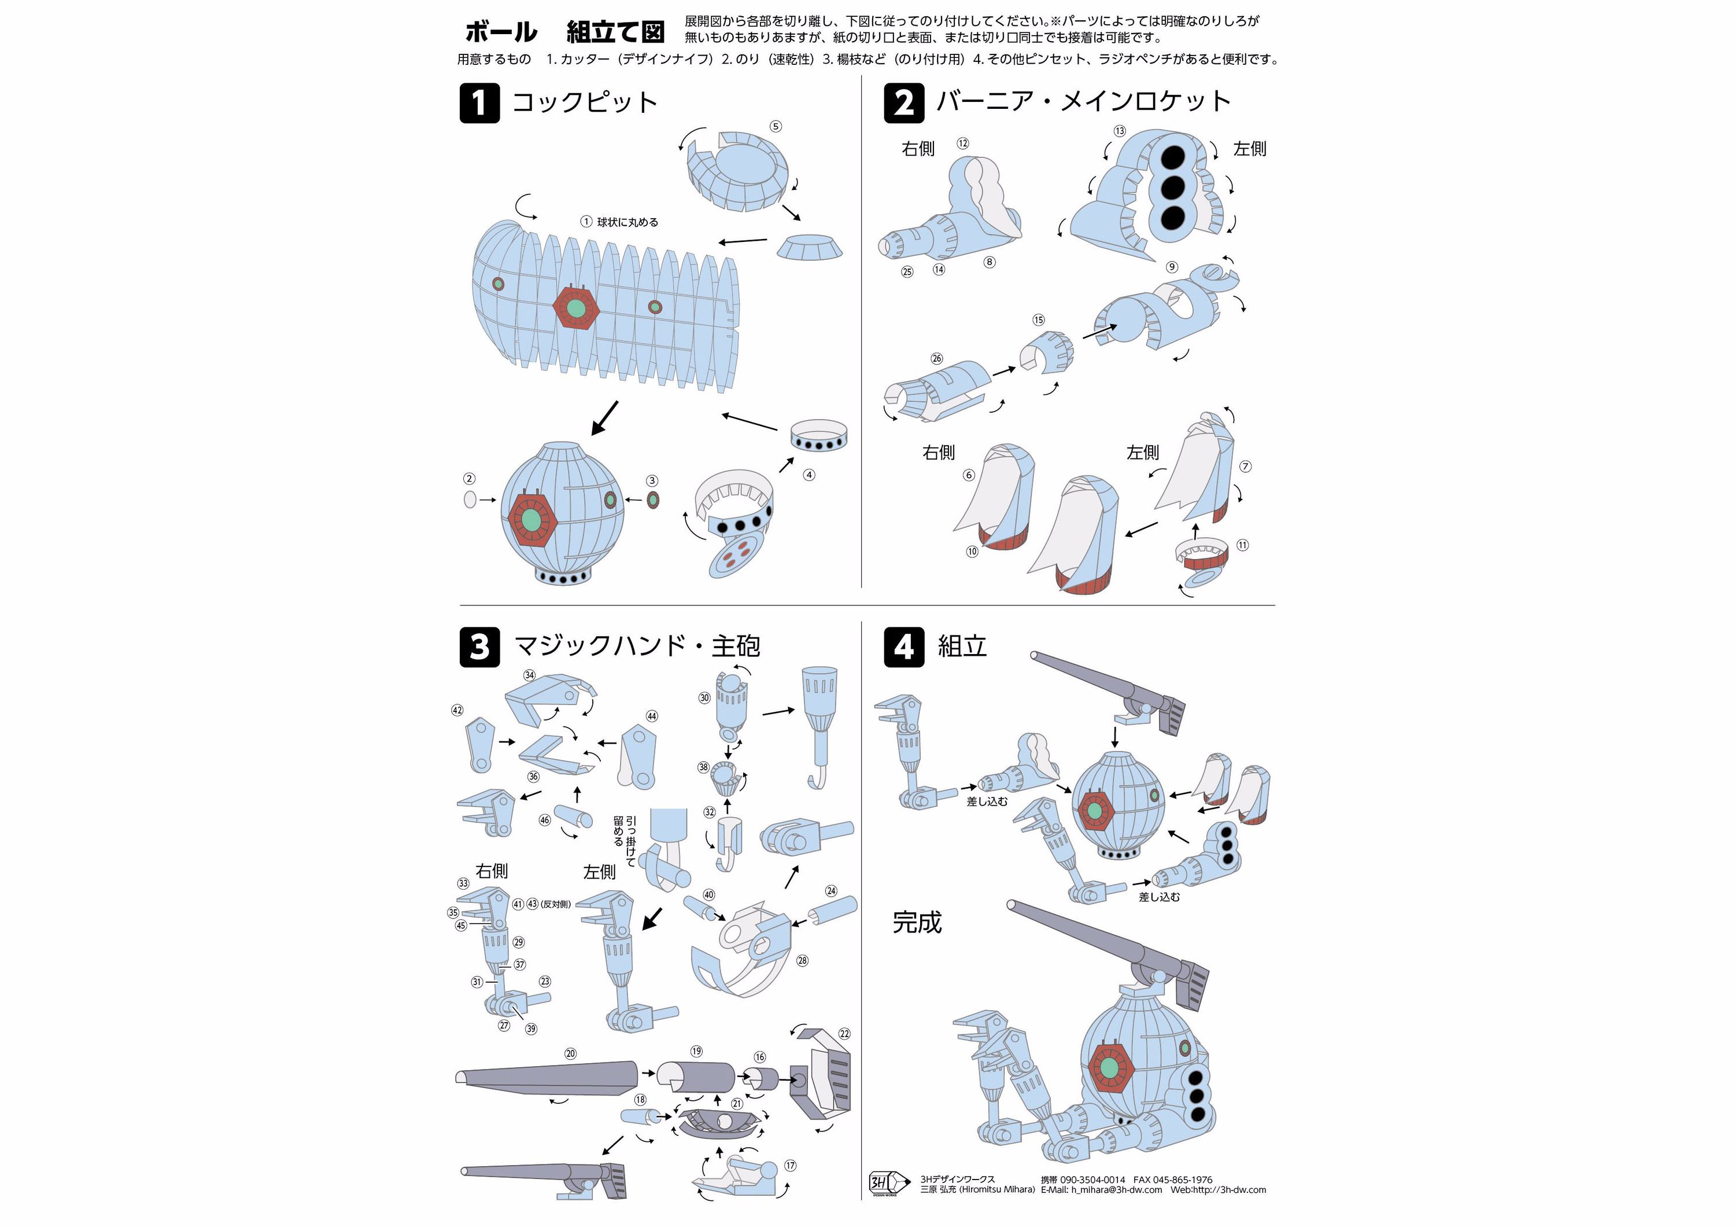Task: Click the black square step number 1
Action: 479,103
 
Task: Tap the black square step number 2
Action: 904,103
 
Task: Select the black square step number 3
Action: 479,647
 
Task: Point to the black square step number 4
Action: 904,647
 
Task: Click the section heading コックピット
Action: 585,102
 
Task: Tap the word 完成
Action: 917,923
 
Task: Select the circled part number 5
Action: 776,126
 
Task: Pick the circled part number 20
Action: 570,1053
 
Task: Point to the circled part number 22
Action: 844,1034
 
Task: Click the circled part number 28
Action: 803,960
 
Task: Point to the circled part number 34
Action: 530,675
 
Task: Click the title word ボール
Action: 501,32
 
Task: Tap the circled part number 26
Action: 937,358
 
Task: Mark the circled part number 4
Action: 809,475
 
